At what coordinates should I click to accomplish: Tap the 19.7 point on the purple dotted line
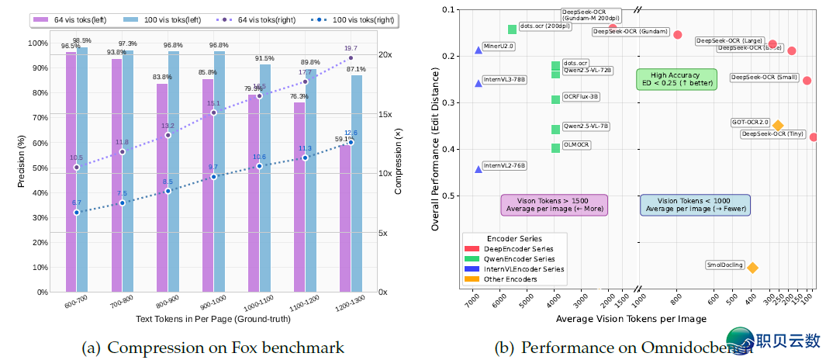pyautogui.click(x=351, y=57)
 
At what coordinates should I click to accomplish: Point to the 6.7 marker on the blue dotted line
pyautogui.click(x=76, y=212)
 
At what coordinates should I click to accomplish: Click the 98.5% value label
pyautogui.click(x=81, y=40)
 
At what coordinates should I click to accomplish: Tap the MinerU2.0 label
pyautogui.click(x=499, y=47)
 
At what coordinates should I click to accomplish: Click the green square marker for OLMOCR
pyautogui.click(x=555, y=148)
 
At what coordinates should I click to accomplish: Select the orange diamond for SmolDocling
pyautogui.click(x=752, y=268)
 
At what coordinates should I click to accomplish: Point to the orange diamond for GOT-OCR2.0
pyautogui.click(x=778, y=126)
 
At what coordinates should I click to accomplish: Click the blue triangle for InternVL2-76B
pyautogui.click(x=479, y=168)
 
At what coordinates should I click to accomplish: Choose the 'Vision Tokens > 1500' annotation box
pyautogui.click(x=554, y=205)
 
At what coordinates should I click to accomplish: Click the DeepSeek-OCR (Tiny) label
pyautogui.click(x=772, y=134)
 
